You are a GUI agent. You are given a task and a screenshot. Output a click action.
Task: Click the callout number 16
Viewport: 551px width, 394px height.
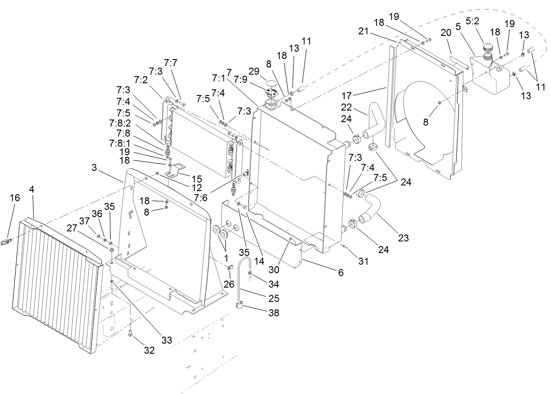tap(15, 198)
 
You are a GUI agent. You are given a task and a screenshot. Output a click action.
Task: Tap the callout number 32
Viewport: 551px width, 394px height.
tap(149, 350)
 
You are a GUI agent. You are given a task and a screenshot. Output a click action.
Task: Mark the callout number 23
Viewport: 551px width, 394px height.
tap(403, 238)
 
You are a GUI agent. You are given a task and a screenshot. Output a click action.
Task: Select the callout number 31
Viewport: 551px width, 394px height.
tap(364, 261)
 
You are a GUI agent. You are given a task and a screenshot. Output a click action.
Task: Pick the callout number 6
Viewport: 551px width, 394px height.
tap(340, 272)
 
